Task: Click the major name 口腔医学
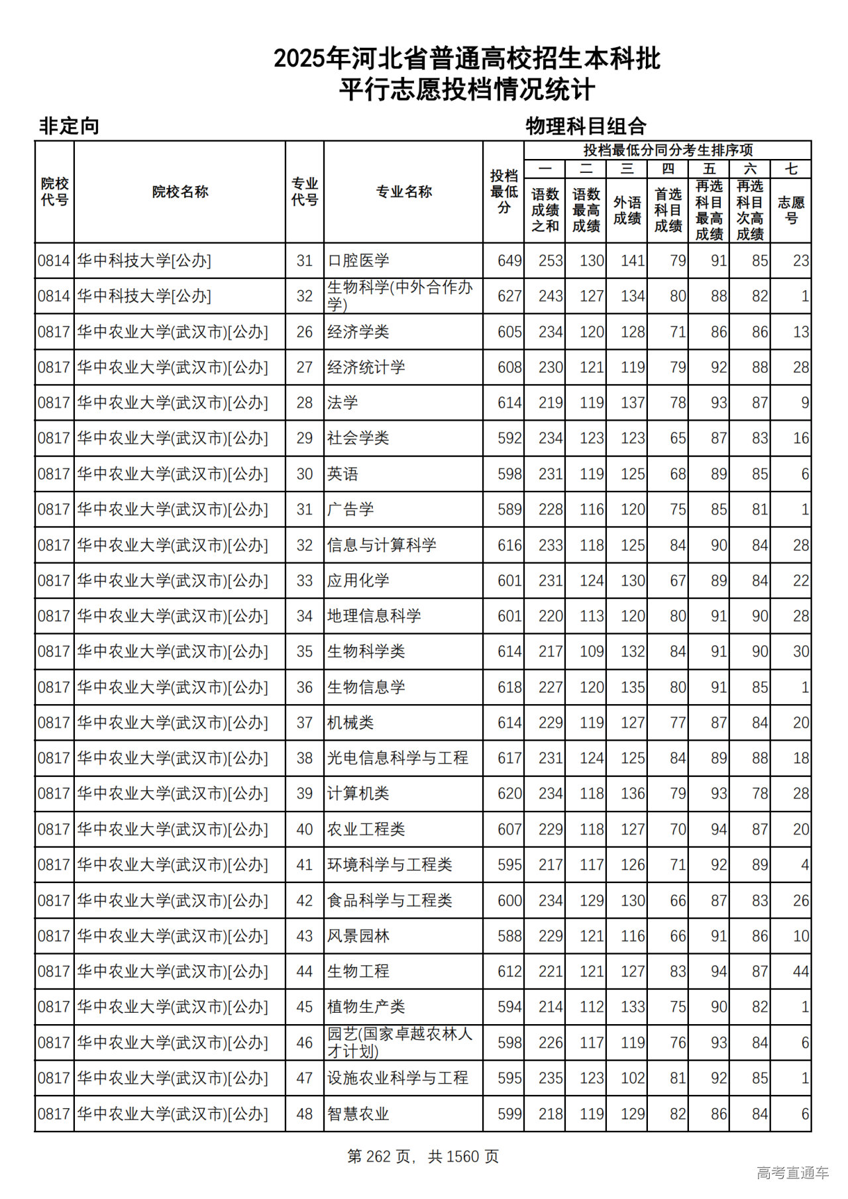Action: (x=358, y=260)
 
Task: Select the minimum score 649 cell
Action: (x=509, y=260)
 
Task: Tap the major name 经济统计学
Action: (x=366, y=367)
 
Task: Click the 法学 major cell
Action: (x=343, y=403)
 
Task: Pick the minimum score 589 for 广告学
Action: (x=509, y=509)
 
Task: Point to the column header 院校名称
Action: (x=180, y=191)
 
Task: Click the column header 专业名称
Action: (x=403, y=191)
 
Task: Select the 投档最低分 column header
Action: (x=503, y=191)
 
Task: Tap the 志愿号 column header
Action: (x=791, y=210)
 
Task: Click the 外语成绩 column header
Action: (x=627, y=210)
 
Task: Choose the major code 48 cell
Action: (x=304, y=1114)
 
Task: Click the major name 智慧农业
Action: (x=358, y=1114)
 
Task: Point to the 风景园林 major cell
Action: (x=358, y=936)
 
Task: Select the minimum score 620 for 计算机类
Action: (x=509, y=794)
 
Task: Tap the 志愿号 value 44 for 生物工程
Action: (x=800, y=972)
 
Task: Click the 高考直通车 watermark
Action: (x=792, y=1173)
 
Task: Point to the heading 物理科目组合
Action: (x=586, y=126)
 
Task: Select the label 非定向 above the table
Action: (x=69, y=126)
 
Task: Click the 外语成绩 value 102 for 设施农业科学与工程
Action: (x=633, y=1078)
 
